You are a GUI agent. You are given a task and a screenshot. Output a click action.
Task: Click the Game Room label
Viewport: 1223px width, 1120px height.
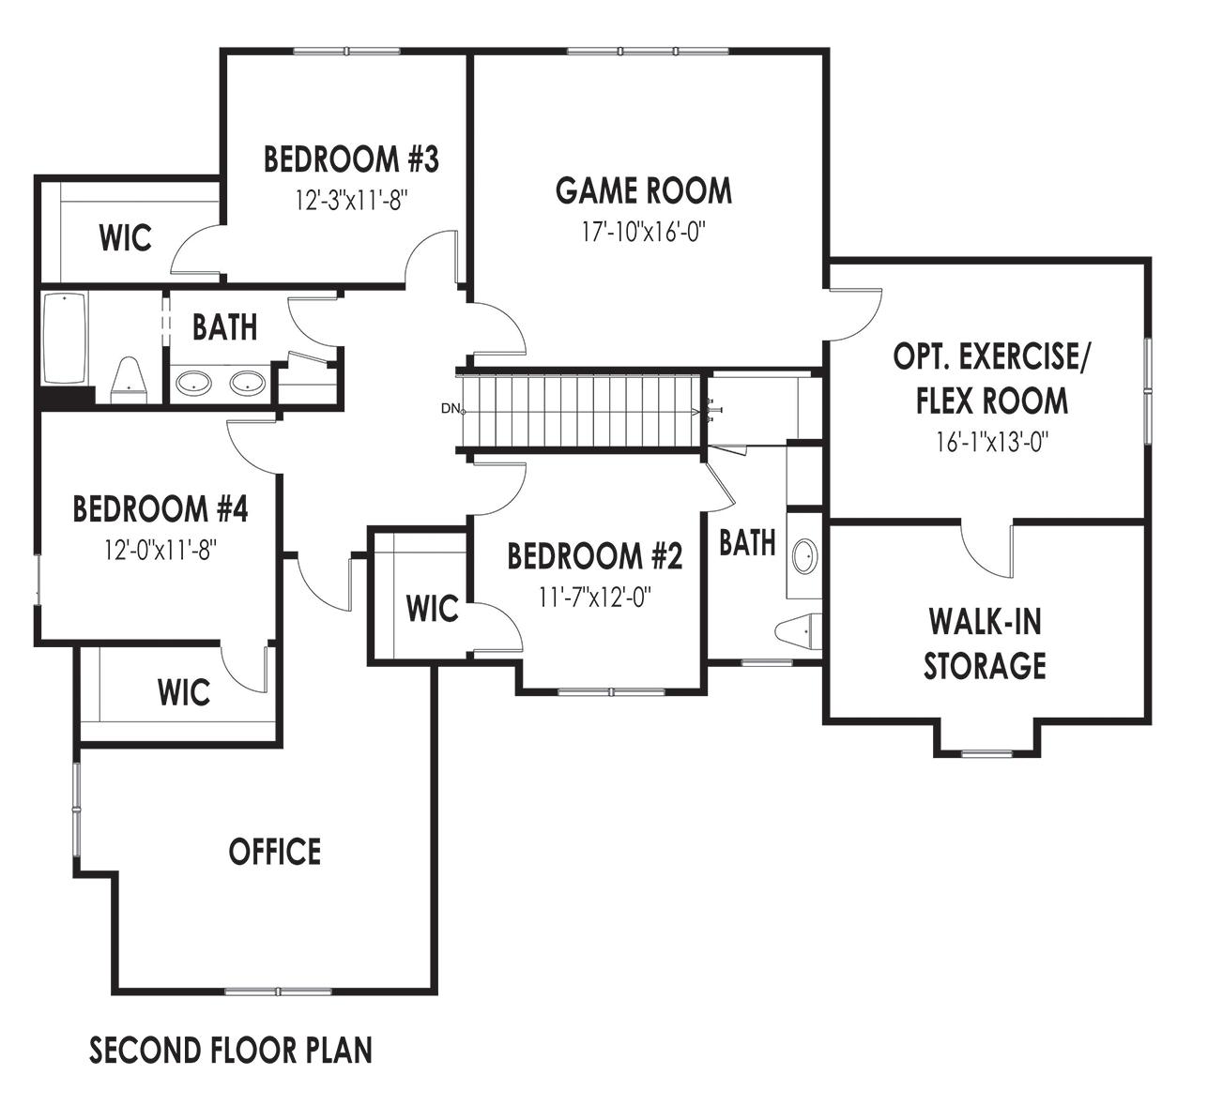(x=643, y=190)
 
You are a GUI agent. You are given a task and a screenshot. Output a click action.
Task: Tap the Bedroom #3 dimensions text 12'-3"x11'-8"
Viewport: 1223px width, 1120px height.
(x=350, y=200)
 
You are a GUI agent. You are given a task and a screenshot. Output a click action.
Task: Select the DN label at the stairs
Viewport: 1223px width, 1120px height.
(x=451, y=408)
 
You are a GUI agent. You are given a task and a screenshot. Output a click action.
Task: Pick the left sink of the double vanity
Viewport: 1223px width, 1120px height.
(x=194, y=383)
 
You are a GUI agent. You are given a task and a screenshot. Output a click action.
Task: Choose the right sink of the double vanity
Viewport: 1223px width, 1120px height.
(x=248, y=383)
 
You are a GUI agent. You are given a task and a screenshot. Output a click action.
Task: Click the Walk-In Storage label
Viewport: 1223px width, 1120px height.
(x=985, y=643)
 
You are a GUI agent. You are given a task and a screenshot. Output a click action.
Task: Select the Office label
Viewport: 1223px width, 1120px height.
(x=275, y=852)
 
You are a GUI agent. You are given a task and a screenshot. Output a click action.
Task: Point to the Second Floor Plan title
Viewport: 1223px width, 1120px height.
(x=231, y=1050)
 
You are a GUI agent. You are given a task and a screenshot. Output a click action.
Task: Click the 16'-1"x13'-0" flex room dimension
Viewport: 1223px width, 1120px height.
(x=991, y=442)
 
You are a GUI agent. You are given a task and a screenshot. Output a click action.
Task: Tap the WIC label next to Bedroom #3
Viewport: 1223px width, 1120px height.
(x=125, y=238)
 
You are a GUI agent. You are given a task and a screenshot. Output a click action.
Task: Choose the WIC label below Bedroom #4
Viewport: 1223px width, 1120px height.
(x=184, y=693)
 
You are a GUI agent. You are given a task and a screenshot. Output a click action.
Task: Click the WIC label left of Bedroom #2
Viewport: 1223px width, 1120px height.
(x=432, y=609)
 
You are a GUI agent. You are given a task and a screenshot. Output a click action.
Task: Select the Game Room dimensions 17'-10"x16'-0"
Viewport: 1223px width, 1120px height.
(x=643, y=232)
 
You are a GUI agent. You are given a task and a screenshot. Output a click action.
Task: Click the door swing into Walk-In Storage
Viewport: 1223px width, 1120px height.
(x=986, y=549)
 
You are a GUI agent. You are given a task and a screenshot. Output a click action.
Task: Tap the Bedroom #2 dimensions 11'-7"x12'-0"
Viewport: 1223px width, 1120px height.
(x=595, y=597)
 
